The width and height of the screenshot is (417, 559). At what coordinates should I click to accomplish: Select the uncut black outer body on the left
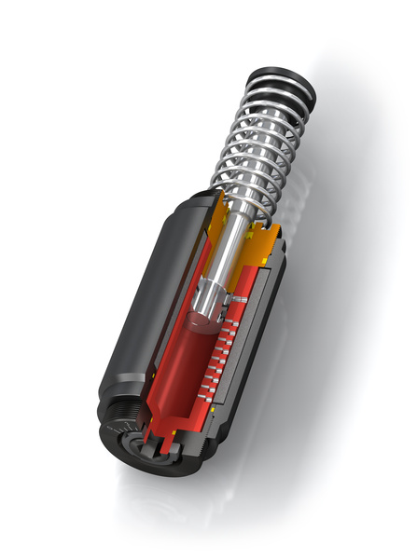tap(140, 298)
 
